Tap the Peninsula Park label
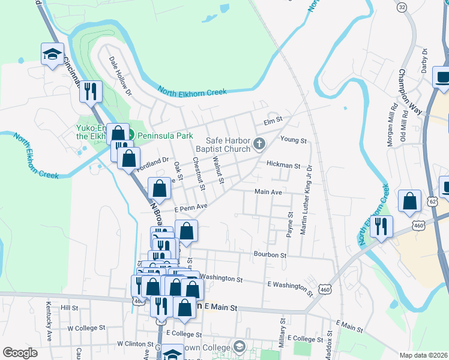159,136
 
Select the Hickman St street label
283,164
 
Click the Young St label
294,140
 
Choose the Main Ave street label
268,192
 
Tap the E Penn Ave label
190,208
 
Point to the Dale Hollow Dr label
120,76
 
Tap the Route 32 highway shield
402,7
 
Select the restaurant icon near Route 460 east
381,226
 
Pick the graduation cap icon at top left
53,54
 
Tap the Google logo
20,353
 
